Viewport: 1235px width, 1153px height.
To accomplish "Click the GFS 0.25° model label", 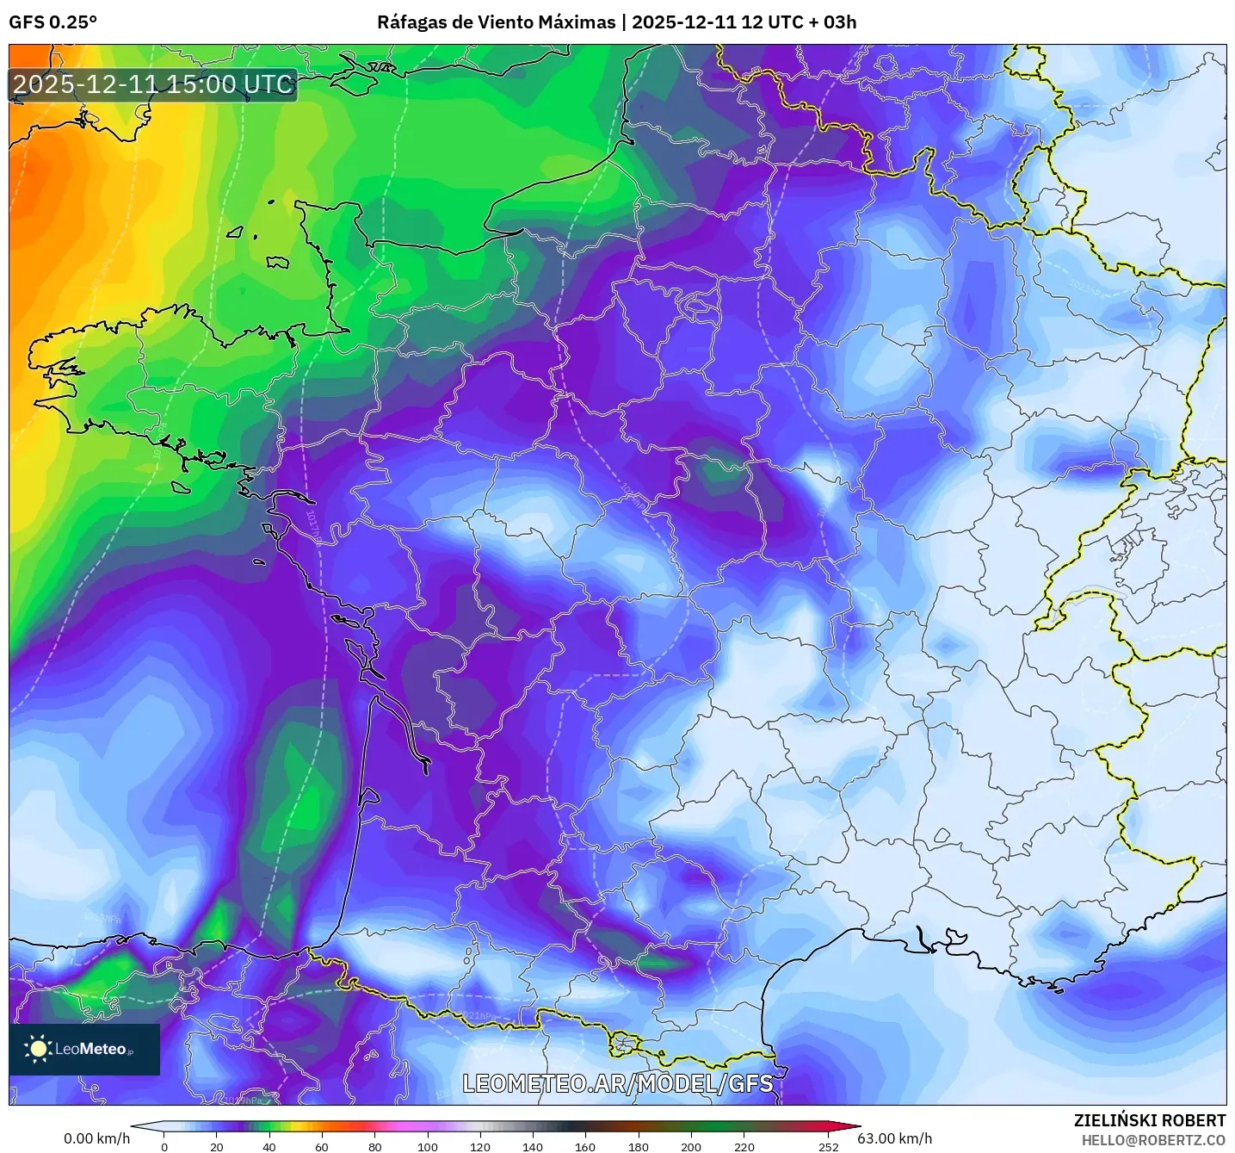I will [52, 22].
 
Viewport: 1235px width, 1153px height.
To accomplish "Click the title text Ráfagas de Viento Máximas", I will [497, 22].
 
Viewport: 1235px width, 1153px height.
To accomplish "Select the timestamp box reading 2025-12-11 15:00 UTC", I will [153, 84].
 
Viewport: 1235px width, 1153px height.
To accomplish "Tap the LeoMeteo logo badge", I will [84, 1049].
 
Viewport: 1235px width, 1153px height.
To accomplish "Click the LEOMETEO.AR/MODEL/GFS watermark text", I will [617, 1083].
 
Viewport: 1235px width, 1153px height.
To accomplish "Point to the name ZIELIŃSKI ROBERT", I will [1150, 1120].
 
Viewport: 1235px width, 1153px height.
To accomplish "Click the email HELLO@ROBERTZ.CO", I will [1153, 1140].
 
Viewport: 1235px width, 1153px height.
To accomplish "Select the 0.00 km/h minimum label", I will [96, 1138].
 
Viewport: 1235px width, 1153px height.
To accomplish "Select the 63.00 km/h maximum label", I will [894, 1138].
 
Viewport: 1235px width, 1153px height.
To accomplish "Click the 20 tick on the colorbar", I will [217, 1146].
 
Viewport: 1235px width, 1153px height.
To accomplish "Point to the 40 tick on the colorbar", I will [269, 1146].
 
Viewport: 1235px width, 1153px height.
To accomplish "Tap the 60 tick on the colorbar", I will [322, 1146].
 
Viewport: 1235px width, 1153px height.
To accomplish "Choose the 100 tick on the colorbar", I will [428, 1146].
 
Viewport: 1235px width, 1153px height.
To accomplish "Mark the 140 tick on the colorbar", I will [533, 1146].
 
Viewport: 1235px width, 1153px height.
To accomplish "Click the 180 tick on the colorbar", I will [639, 1146].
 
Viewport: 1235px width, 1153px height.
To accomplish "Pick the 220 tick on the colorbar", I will [744, 1146].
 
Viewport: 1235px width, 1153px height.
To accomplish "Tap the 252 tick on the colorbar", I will [828, 1146].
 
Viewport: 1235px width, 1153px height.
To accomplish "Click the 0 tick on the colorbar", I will [164, 1146].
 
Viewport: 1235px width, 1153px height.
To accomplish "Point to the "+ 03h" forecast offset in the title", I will [834, 22].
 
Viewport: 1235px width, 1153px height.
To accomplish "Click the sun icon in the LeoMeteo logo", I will [38, 1048].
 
